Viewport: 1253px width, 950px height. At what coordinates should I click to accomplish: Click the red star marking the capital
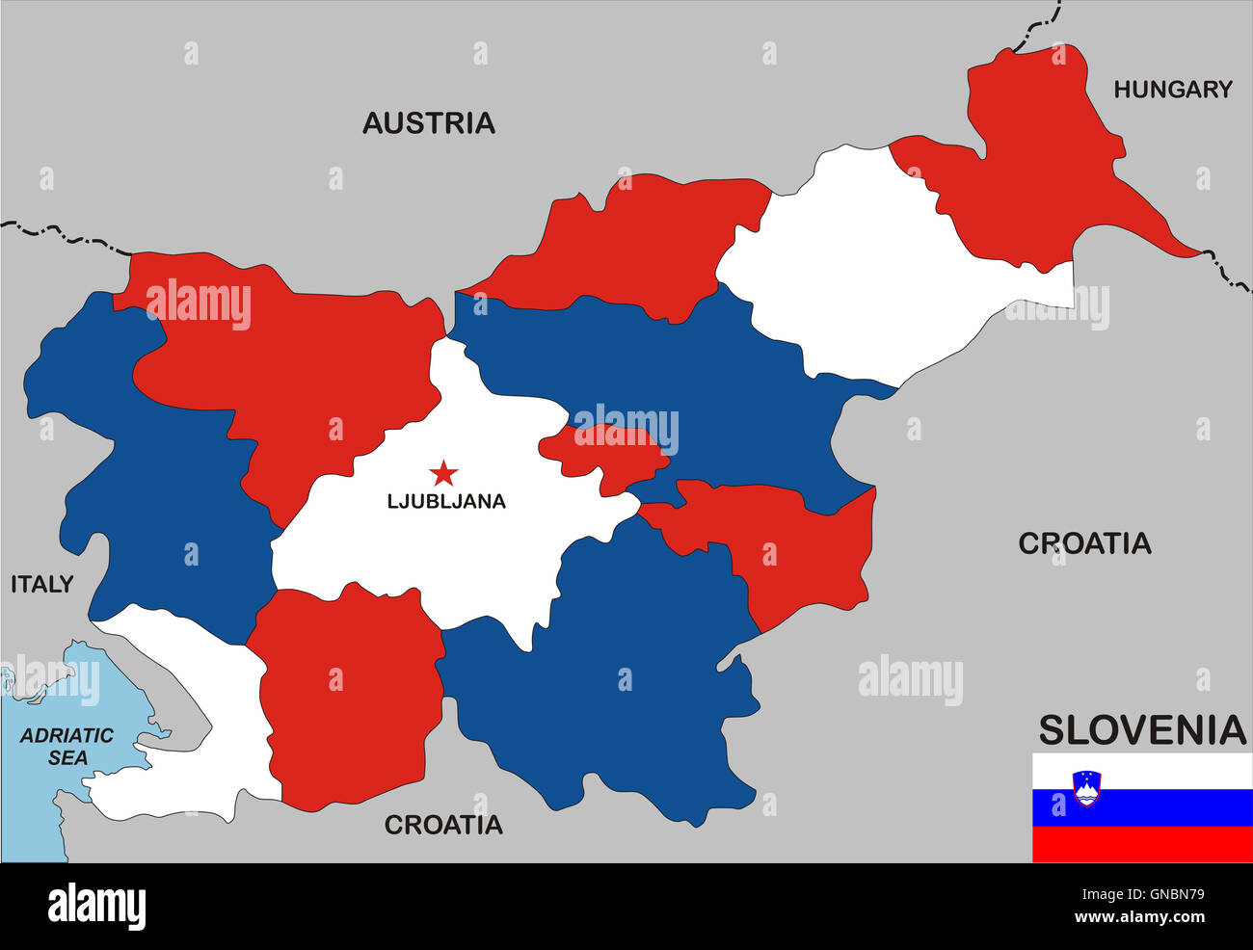coord(443,473)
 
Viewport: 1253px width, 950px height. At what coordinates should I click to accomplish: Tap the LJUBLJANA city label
coord(445,501)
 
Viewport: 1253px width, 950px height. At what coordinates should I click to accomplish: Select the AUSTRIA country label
coord(429,123)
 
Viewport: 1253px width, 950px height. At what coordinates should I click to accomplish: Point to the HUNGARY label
coord(1173,90)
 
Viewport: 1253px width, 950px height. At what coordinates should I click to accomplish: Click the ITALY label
coord(41,584)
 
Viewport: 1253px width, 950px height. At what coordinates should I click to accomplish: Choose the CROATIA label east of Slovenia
coord(1084,543)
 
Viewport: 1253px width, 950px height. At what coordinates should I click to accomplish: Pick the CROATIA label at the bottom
coord(443,825)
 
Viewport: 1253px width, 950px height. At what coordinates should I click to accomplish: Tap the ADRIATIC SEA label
coord(67,747)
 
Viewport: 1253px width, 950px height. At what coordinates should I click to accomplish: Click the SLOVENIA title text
coord(1142,730)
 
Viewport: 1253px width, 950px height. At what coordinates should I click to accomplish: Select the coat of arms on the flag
coord(1086,787)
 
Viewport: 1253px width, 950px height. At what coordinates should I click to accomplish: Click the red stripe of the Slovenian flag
coord(1142,844)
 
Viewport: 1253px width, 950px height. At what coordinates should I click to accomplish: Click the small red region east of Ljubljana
coord(602,453)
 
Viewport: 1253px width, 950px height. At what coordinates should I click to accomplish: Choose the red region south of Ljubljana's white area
coord(347,694)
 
